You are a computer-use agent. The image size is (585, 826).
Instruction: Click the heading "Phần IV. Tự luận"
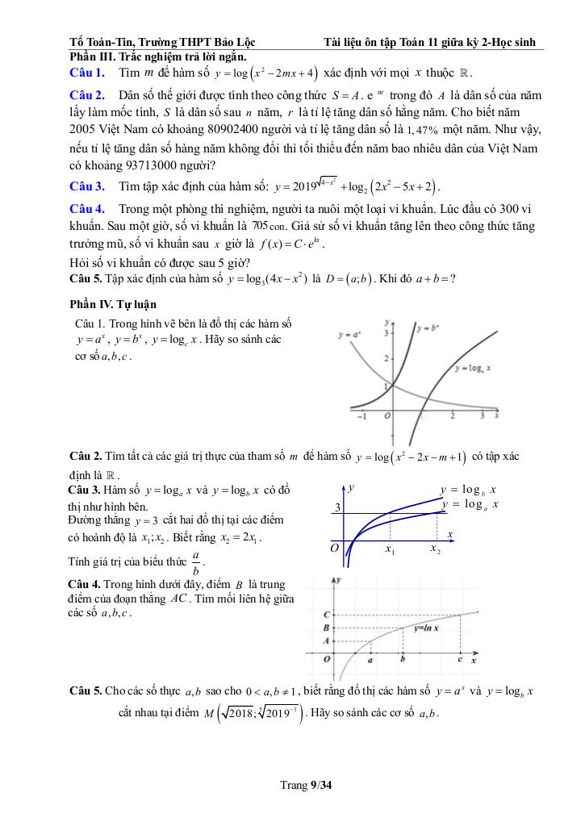pyautogui.click(x=114, y=304)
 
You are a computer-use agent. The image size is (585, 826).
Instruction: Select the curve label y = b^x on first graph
pyautogui.click(x=432, y=330)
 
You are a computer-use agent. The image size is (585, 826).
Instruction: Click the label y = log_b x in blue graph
pyautogui.click(x=468, y=490)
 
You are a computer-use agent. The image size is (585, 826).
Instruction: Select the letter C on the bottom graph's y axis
pyautogui.click(x=325, y=615)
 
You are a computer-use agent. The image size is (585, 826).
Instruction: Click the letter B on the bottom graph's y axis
pyautogui.click(x=325, y=627)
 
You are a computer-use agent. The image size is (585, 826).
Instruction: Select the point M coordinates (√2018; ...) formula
pyautogui.click(x=258, y=714)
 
